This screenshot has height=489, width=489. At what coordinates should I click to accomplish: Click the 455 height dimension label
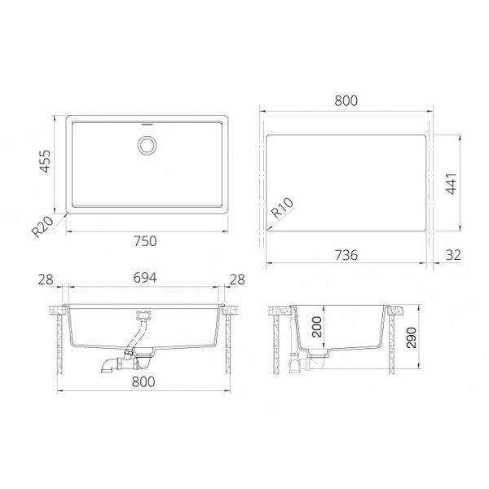point(45,161)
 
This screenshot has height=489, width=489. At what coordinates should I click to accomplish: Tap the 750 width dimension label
point(145,241)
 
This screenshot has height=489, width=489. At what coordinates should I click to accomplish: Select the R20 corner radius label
point(42,227)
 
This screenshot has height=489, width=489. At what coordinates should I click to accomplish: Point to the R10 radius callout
point(282,207)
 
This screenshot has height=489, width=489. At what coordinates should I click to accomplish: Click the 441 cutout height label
point(452,183)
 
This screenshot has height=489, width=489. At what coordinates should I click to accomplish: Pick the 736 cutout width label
point(346,255)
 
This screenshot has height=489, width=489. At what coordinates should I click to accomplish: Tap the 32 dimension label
point(453,255)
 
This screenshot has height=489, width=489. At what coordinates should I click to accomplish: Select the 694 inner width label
point(145,278)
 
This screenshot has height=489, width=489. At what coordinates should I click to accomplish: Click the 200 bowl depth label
point(317,327)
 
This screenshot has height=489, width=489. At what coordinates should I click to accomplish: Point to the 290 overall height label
point(412,337)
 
